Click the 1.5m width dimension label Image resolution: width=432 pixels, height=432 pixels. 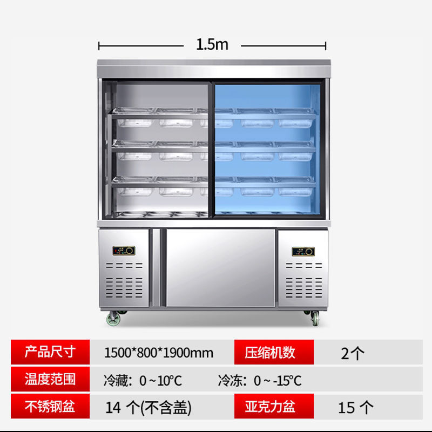click(212, 44)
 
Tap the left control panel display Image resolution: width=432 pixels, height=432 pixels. click(124, 251)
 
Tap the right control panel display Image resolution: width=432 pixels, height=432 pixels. click(303, 251)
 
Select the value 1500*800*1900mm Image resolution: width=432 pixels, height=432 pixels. click(158, 353)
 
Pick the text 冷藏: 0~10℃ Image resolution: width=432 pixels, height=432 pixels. click(143, 380)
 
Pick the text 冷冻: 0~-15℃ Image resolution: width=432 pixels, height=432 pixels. click(260, 380)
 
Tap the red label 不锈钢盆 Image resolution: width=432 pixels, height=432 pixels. click(49, 406)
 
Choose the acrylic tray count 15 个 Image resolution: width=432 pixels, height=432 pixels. click(355, 407)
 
